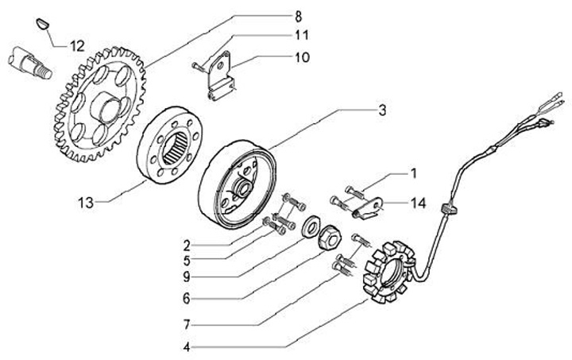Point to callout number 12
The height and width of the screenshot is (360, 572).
point(76,45)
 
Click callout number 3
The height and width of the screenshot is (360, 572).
point(382,110)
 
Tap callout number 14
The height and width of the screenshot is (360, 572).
point(419,203)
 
